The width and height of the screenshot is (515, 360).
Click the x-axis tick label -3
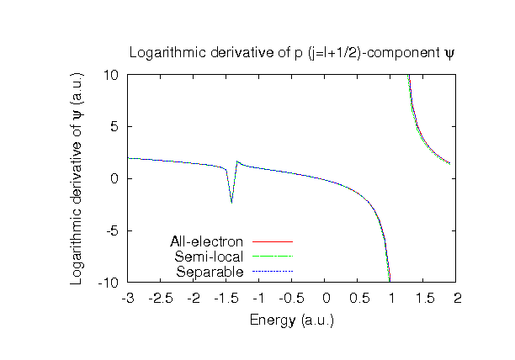click(128, 298)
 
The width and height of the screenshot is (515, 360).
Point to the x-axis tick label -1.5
click(226, 298)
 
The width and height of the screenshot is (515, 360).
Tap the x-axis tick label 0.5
click(358, 298)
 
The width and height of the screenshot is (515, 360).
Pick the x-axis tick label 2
click(457, 298)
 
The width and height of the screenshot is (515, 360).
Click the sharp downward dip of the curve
click(231, 202)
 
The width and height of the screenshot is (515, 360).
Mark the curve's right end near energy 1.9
click(450, 163)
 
